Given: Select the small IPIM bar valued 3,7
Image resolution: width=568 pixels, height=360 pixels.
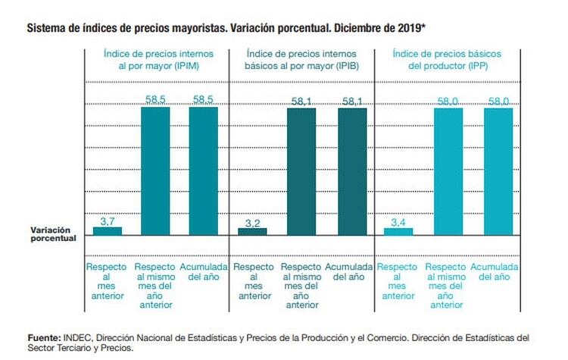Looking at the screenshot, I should (108, 230).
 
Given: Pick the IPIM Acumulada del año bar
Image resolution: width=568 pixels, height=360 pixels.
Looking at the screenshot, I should (203, 171).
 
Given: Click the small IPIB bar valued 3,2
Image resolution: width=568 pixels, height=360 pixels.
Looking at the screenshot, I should (252, 231).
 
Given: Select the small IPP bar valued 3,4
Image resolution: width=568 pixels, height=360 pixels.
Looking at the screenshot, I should (398, 231).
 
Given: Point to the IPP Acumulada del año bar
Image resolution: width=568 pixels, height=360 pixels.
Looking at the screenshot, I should (498, 171).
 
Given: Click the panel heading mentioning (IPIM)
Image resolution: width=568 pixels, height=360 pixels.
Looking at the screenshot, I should (159, 59).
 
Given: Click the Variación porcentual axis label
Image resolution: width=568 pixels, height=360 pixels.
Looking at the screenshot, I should (54, 233).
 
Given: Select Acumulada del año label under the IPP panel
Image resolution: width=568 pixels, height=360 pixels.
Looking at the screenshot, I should (494, 272).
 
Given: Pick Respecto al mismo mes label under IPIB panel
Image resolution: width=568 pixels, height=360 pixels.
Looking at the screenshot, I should (301, 286).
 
